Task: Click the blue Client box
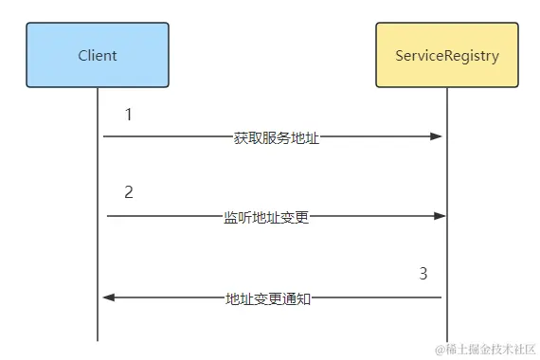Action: pos(98,55)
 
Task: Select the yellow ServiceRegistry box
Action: pos(446,55)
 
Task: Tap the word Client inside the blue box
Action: pos(98,55)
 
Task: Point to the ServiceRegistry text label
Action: pos(446,55)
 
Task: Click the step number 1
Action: pos(129,115)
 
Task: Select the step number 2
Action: pos(129,192)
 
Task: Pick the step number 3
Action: pos(423,274)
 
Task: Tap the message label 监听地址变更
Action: pos(266,217)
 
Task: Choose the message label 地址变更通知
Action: pos(268,298)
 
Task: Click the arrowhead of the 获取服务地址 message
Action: pos(437,137)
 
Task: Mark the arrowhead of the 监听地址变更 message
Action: pos(440,217)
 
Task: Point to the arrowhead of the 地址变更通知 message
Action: pos(109,297)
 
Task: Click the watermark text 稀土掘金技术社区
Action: pos(487,349)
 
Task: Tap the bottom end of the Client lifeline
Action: pos(98,339)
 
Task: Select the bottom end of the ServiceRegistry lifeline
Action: pos(446,339)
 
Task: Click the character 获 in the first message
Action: pos(240,137)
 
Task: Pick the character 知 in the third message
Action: pos(304,298)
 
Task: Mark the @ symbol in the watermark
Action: pos(441,349)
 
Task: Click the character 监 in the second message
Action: pos(230,217)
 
